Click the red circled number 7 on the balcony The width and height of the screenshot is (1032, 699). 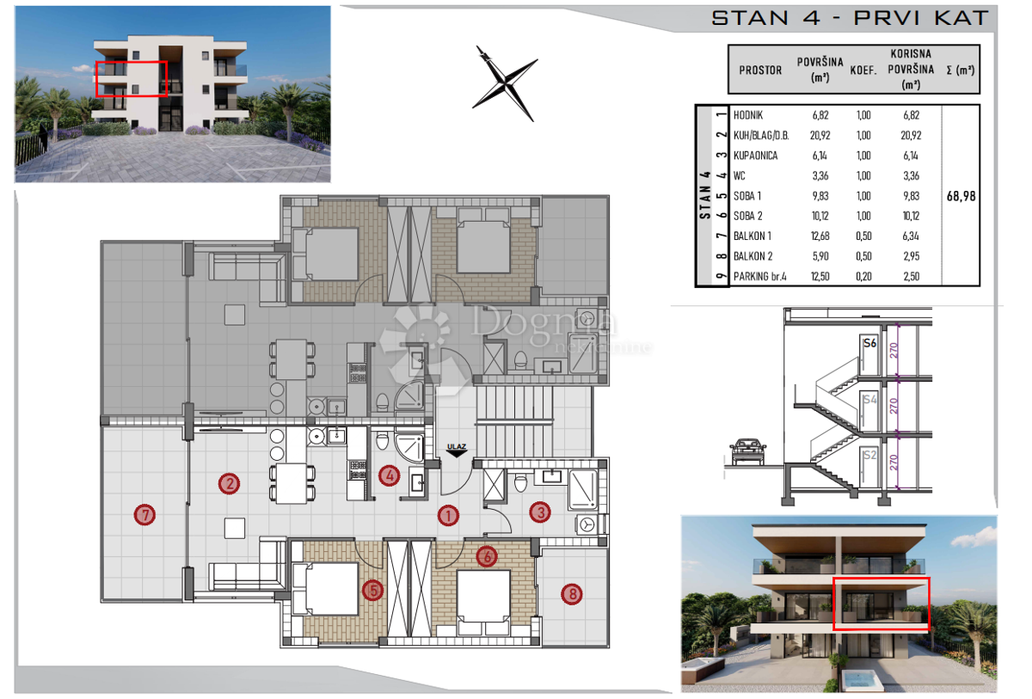[x=144, y=515]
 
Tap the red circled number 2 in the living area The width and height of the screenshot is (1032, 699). [x=229, y=483]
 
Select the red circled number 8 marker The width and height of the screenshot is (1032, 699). [x=572, y=594]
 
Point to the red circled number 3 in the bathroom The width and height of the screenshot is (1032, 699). [x=540, y=512]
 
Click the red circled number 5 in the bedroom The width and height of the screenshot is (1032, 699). [x=372, y=591]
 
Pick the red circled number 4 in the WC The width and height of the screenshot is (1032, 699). [x=390, y=475]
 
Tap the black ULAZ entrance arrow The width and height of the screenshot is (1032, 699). [x=456, y=454]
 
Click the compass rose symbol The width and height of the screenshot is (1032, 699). [x=505, y=83]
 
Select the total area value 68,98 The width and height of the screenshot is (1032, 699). [x=961, y=196]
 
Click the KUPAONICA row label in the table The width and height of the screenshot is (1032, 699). [x=756, y=156]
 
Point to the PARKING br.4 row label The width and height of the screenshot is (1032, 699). [x=759, y=276]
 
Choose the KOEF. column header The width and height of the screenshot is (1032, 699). [x=863, y=71]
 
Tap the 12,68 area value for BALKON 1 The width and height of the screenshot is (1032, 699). [x=820, y=236]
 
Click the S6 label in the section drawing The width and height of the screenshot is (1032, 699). [x=869, y=343]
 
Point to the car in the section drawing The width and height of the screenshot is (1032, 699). [x=747, y=451]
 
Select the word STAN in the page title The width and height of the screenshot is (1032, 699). [x=750, y=18]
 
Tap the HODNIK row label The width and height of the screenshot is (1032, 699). [x=748, y=115]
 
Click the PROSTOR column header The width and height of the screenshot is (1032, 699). [x=760, y=71]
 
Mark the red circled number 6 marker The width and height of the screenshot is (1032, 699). [x=487, y=556]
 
